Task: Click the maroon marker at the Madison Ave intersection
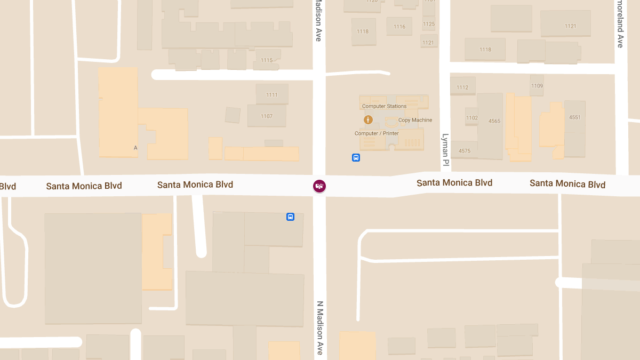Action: tap(319, 186)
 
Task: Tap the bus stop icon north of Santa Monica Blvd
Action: tap(356, 157)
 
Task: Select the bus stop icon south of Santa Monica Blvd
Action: tap(290, 217)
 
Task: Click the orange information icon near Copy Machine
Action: tap(368, 120)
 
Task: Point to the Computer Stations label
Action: tap(384, 106)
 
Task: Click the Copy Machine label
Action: tap(415, 120)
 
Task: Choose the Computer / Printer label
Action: tap(377, 133)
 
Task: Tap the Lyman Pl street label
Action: tap(445, 149)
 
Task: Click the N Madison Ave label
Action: tap(320, 328)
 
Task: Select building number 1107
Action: tap(267, 116)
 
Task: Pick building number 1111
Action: tap(272, 95)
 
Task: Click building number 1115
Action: tap(267, 60)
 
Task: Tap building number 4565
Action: tap(494, 121)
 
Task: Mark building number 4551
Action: tap(574, 117)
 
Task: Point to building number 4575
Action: tap(465, 151)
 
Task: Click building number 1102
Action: tap(472, 118)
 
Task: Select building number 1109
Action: tap(537, 86)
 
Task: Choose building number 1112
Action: tap(462, 87)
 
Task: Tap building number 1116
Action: tap(399, 27)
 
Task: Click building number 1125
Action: tap(429, 24)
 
